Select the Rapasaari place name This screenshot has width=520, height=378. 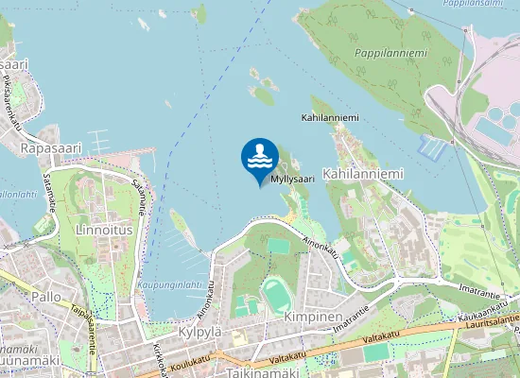point(52,148)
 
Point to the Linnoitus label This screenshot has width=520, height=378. point(103,230)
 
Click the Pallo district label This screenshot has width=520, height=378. point(45,297)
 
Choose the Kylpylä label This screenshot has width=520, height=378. point(199,334)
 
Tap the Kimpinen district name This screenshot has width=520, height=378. point(313,318)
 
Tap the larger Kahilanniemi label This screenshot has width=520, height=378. point(363,175)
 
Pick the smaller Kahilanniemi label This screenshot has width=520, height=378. point(330,118)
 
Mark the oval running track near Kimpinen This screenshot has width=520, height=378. point(276,295)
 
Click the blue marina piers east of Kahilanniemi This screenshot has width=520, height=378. point(431,146)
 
